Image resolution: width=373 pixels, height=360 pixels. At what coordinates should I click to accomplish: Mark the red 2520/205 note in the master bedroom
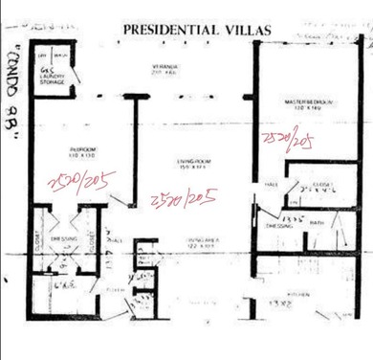tap(289, 142)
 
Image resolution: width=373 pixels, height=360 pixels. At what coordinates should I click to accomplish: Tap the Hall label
tap(270, 183)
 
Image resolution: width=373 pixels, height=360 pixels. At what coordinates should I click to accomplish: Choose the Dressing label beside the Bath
tap(278, 226)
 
